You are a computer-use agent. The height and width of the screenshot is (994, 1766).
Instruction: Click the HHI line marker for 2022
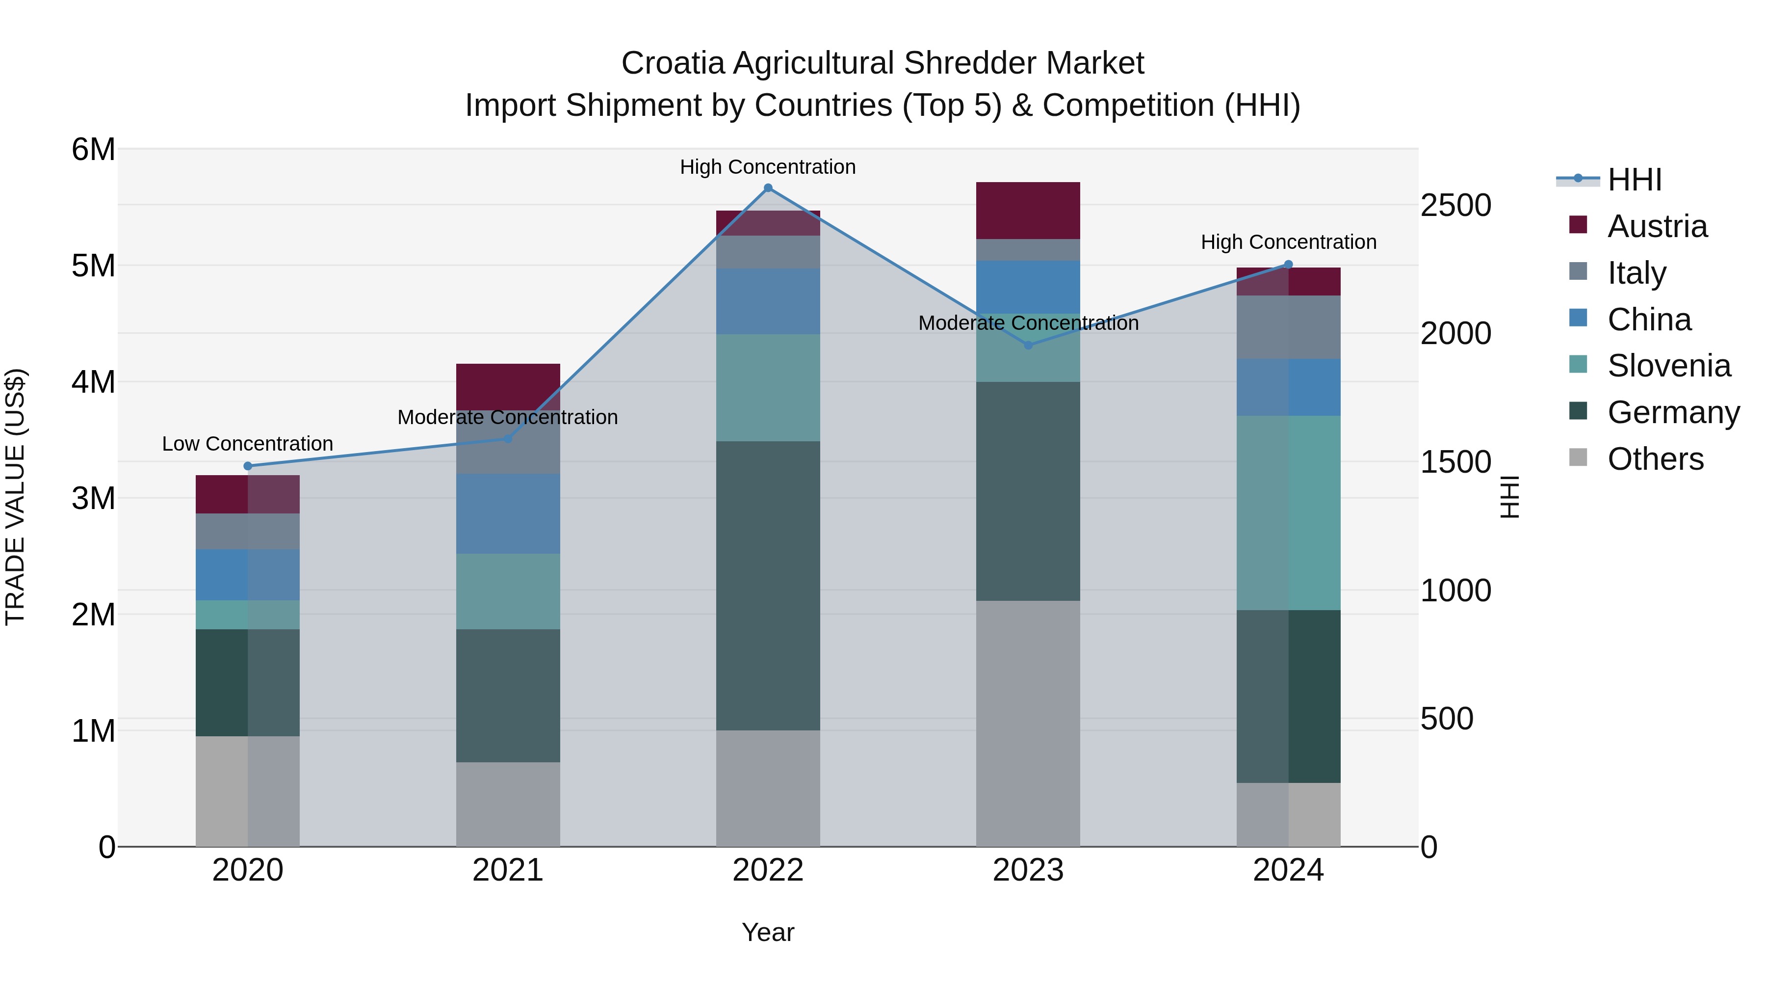tap(768, 188)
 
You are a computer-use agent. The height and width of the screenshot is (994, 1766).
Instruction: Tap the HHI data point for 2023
tap(1028, 345)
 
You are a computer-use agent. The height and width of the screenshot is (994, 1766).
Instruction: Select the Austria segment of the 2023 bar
tap(1028, 211)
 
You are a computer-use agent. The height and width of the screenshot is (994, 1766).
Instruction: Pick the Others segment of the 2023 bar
tap(1028, 723)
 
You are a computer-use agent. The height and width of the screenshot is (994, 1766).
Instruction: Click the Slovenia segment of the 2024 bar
tap(1288, 512)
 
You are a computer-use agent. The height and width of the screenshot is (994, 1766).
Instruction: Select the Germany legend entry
tap(1673, 412)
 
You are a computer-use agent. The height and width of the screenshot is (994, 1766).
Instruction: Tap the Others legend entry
tap(1655, 459)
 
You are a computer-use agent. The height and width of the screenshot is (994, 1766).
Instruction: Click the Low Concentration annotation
tap(248, 444)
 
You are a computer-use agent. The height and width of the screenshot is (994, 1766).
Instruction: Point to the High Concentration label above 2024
tap(1288, 242)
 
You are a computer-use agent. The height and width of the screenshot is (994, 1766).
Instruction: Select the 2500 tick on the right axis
tap(1455, 205)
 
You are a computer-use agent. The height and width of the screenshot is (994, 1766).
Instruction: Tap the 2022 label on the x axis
tap(768, 870)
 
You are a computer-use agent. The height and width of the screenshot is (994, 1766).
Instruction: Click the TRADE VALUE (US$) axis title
tap(15, 497)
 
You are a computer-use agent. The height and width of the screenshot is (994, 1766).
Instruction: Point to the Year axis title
tap(768, 932)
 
